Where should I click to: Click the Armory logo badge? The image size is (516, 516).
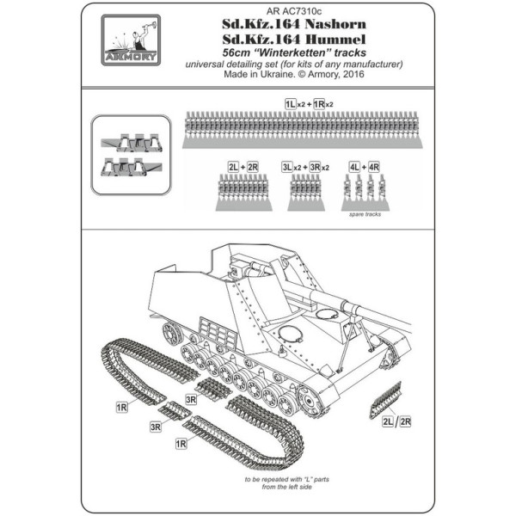pyautogui.click(x=131, y=40)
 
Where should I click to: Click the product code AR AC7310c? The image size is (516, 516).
pyautogui.click(x=294, y=11)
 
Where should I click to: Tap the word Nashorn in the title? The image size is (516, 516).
pyautogui.click(x=335, y=24)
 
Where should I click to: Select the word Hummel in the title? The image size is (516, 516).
pyautogui.click(x=335, y=40)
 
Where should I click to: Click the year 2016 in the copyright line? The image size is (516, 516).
pyautogui.click(x=353, y=74)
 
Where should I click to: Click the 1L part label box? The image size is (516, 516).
pyautogui.click(x=291, y=104)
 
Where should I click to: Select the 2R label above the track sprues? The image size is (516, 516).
pyautogui.click(x=252, y=167)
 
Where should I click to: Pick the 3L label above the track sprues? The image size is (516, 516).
pyautogui.click(x=287, y=167)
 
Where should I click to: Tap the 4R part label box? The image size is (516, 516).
pyautogui.click(x=374, y=167)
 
